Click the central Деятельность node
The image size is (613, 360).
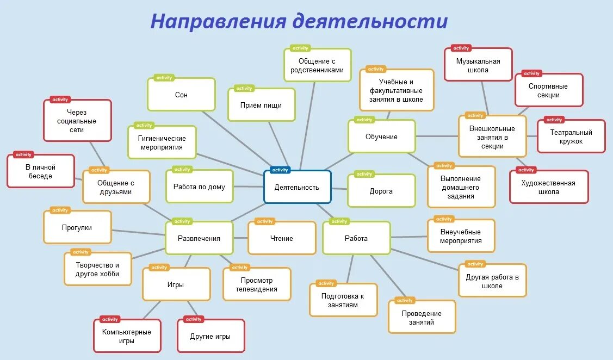pos(297,187)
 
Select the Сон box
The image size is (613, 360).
pos(181,95)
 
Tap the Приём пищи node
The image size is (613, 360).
pos(261,105)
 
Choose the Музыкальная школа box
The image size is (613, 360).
pos(478,65)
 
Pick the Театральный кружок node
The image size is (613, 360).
pos(571,136)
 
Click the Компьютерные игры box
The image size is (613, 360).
pos(127,336)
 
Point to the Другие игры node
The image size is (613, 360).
pos(210,336)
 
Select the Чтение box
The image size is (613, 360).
pos(281,238)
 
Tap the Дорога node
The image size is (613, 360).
pos(381,191)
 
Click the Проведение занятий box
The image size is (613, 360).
pos(422,318)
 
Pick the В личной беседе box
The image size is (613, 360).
pos(40,171)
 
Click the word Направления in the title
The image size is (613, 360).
pos(218,21)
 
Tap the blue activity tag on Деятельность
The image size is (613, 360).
pos(280,170)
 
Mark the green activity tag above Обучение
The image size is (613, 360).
pos(364,120)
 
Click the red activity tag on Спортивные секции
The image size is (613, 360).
pos(531,73)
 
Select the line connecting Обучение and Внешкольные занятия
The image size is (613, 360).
pos(437,136)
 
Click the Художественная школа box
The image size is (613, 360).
pos(549,187)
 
